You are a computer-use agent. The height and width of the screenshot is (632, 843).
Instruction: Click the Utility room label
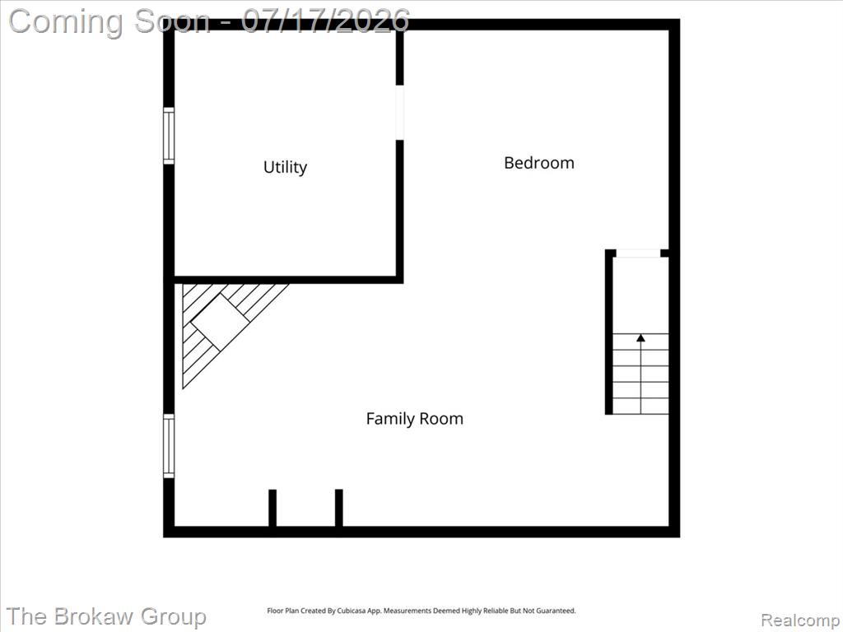[285, 167]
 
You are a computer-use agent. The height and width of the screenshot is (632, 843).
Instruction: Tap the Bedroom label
[538, 162]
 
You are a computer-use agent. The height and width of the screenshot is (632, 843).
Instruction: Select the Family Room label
[415, 418]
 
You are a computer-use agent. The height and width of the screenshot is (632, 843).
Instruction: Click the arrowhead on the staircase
[640, 338]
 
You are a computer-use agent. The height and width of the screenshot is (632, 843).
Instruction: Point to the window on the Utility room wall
[169, 136]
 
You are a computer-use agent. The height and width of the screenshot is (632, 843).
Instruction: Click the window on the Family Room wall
[169, 445]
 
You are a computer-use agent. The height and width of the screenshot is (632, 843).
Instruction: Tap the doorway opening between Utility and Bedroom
[399, 112]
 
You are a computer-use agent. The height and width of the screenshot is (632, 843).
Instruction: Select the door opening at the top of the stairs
[638, 253]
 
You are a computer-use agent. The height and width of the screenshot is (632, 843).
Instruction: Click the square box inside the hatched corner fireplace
[220, 321]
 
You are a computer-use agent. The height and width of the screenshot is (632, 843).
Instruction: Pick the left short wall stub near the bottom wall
[272, 508]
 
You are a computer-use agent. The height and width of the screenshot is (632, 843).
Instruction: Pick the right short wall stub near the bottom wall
[338, 508]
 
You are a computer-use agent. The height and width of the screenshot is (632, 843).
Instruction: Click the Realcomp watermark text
[799, 620]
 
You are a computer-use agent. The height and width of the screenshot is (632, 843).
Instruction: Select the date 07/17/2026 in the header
[325, 21]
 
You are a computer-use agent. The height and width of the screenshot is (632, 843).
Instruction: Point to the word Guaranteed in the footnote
[557, 611]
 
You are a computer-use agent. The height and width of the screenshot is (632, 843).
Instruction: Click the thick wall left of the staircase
[609, 332]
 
